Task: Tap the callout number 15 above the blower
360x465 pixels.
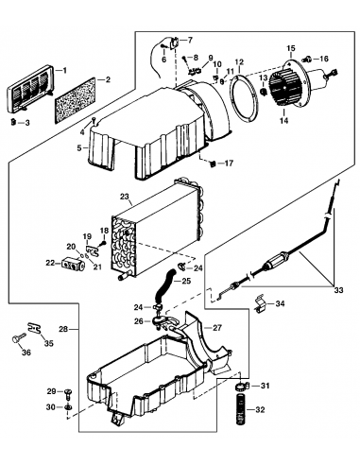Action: [x=290, y=46]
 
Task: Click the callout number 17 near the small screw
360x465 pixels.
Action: [x=230, y=163]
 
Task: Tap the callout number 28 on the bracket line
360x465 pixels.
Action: [x=63, y=329]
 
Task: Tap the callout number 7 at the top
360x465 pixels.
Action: [x=187, y=40]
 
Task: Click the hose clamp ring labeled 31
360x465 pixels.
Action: [x=240, y=387]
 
